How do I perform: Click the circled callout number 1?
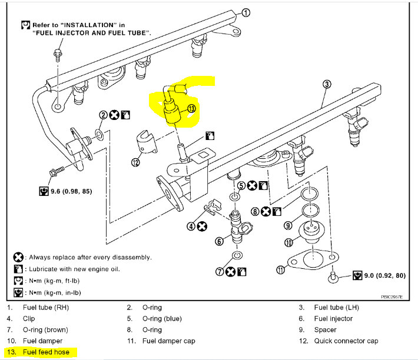tap(246, 12)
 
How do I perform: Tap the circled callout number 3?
tap(326, 84)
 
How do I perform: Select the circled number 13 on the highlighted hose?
tap(191, 108)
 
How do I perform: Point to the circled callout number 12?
tap(136, 163)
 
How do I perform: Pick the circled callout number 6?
tap(219, 241)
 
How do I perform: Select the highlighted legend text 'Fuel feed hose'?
tap(46, 352)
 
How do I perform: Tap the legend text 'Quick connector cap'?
tap(346, 341)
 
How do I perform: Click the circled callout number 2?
tap(102, 115)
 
